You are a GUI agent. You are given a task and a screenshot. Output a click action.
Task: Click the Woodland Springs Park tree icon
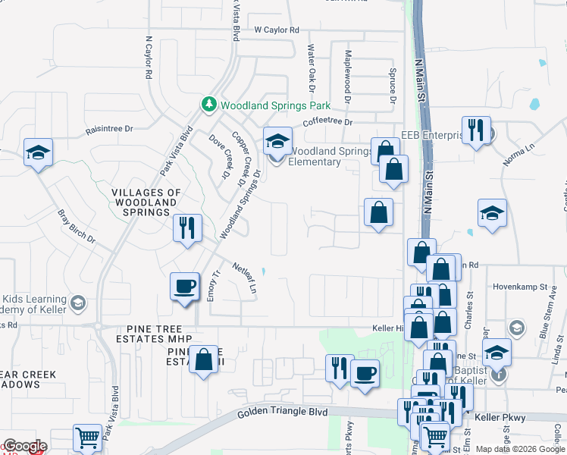pyautogui.click(x=209, y=103)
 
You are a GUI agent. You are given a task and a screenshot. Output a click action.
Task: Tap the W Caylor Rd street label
pyautogui.click(x=277, y=30)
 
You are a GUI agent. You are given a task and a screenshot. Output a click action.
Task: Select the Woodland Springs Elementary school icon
pyautogui.click(x=277, y=141)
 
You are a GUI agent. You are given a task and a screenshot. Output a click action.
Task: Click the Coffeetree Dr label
pyautogui.click(x=327, y=121)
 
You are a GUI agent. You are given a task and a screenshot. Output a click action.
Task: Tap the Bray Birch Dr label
pyautogui.click(x=77, y=226)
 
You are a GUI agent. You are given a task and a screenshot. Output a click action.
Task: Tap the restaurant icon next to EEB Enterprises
pyautogui.click(x=475, y=130)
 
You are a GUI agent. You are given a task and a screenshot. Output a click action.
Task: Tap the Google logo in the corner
pyautogui.click(x=24, y=446)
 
